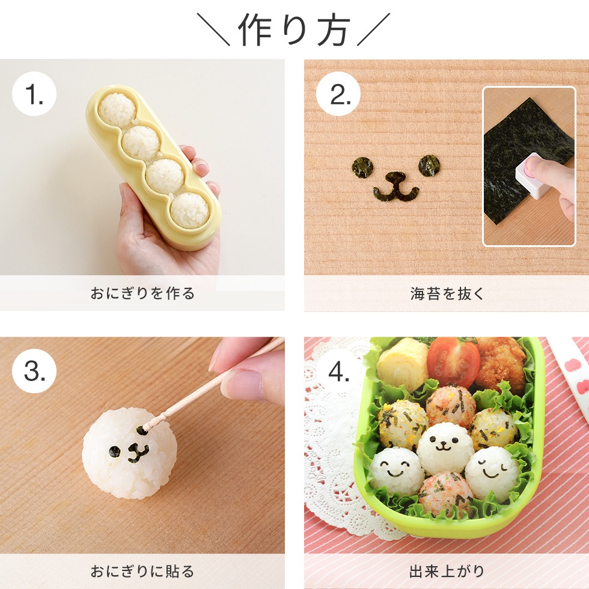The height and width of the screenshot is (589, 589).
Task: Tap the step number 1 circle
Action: tap(34, 94)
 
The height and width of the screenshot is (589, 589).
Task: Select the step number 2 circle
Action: tap(338, 94)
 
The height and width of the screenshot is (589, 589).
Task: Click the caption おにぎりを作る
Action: tap(142, 294)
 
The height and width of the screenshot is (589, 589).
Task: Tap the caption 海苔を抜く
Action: tap(446, 294)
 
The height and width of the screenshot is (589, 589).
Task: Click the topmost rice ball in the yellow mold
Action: tap(117, 110)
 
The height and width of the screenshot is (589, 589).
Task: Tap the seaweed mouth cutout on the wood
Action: tap(395, 187)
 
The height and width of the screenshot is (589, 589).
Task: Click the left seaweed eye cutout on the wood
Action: tap(362, 167)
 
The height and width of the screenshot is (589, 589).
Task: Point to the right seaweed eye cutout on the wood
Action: tap(429, 165)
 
